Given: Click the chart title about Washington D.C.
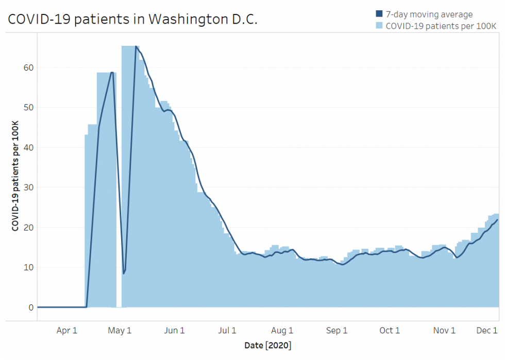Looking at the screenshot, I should [x=132, y=19].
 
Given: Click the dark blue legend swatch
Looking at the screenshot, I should [x=379, y=14].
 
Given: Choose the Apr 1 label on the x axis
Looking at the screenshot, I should [x=66, y=331].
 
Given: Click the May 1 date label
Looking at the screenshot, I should [x=120, y=331].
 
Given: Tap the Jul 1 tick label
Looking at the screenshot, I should [x=227, y=331].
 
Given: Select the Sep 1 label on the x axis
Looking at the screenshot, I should [x=337, y=331].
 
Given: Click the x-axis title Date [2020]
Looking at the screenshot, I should [x=268, y=345].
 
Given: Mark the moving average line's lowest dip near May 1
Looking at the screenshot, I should [x=124, y=273].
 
